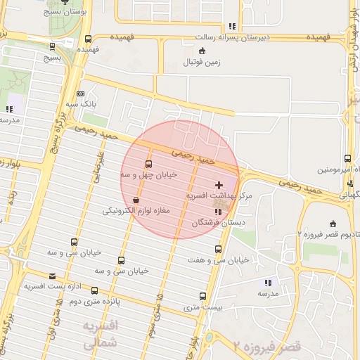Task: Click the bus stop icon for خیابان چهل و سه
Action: point(148,165)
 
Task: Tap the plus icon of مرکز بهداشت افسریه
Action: point(217,185)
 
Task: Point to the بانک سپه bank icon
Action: point(80,94)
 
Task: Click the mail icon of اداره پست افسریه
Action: point(52,276)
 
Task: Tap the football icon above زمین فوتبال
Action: point(202,51)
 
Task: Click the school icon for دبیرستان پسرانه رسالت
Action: point(231,26)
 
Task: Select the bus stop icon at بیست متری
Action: point(203,296)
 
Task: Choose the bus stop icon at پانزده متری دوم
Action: point(94,290)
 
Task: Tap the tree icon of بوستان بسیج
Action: point(66,2)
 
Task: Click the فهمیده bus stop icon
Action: point(88,39)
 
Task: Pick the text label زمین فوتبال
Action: point(202,62)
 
